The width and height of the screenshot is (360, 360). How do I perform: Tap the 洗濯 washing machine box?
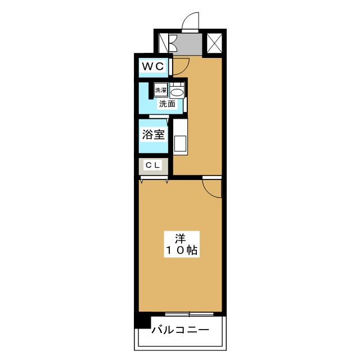pyautogui.click(x=161, y=90)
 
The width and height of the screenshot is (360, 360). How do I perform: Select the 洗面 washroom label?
pyautogui.click(x=166, y=103)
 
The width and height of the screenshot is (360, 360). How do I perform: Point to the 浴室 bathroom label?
pyautogui.click(x=153, y=135)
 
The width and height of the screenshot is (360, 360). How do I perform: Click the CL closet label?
pyautogui.click(x=153, y=165)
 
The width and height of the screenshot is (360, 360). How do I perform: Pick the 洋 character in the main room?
pyautogui.click(x=181, y=237)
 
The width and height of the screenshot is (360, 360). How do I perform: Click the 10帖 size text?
pyautogui.click(x=181, y=251)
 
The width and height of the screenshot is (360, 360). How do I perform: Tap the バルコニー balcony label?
pyautogui.click(x=179, y=330)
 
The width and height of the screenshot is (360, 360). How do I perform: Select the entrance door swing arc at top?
pyautogui.click(x=191, y=21)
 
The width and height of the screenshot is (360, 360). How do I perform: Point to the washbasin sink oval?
pyautogui.click(x=177, y=92)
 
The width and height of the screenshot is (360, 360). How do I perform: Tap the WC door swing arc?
pyautogui.click(x=180, y=65)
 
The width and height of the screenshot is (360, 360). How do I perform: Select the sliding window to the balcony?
pyautogui.click(x=190, y=314)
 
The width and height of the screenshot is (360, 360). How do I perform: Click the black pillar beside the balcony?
pyautogui.click(x=142, y=322)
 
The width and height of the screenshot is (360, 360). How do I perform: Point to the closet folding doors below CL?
pyautogui.click(x=154, y=179)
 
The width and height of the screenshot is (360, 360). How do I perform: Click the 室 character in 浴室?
pyautogui.click(x=159, y=135)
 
